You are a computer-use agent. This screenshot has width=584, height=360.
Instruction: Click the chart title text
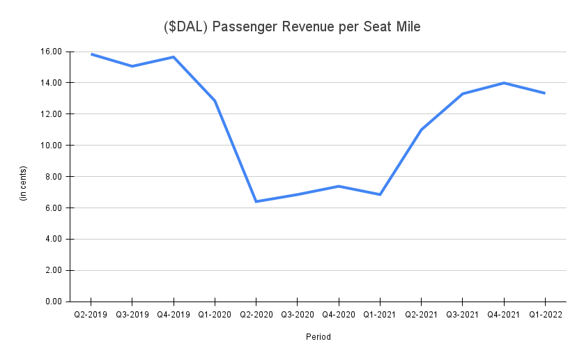[291, 27]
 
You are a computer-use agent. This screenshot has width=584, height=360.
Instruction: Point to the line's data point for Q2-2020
[256, 201]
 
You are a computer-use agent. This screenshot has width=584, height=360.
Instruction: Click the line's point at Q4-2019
[174, 57]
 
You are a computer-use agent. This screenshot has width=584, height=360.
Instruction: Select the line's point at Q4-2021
[503, 83]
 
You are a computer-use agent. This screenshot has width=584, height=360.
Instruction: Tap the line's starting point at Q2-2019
[91, 54]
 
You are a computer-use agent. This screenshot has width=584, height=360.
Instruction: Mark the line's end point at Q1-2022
[544, 93]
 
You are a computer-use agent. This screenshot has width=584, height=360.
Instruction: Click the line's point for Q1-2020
[215, 101]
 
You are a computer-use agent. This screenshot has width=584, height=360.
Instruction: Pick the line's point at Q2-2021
[421, 130]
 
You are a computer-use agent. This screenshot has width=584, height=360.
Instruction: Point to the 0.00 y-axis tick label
[55, 302]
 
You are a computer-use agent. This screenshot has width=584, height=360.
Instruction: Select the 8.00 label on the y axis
[55, 177]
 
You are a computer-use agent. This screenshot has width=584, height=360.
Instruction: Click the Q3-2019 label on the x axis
[132, 315]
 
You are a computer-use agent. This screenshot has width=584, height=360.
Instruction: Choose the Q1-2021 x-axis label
[380, 315]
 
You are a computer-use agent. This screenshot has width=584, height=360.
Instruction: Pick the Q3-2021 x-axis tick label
[462, 315]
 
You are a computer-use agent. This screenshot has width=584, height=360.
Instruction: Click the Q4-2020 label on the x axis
[339, 315]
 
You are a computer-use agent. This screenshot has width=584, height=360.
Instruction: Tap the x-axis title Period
[318, 337]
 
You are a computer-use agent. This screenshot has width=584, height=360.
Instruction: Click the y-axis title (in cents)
[23, 184]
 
